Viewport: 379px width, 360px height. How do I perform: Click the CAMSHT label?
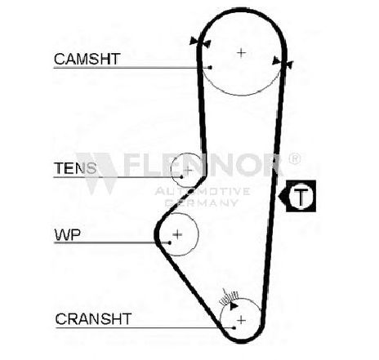click(87, 59)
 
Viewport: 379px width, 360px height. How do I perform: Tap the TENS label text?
click(75, 168)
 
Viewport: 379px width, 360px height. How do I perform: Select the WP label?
click(68, 235)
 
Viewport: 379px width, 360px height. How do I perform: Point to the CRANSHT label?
click(93, 319)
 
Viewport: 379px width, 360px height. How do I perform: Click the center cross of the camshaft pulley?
click(241, 52)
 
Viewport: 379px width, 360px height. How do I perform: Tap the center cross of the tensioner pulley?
click(188, 171)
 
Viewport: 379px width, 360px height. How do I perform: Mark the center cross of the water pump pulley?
click(177, 234)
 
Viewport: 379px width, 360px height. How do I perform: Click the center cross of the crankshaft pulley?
click(241, 320)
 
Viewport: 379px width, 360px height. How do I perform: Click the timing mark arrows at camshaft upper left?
click(200, 42)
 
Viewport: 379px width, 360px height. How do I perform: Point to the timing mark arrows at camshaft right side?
click(283, 62)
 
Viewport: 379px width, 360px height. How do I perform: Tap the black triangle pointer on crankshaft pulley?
click(234, 306)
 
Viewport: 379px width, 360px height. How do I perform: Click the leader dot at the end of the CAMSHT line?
click(210, 67)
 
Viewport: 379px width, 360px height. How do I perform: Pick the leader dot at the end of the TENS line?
click(181, 177)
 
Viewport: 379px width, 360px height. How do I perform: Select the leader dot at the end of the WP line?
click(170, 242)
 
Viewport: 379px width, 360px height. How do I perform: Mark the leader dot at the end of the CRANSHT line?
click(234, 328)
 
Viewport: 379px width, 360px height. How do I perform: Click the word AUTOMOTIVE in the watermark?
click(203, 191)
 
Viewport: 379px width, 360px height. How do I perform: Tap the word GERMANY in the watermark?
click(202, 202)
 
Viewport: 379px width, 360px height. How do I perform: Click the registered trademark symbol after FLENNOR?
click(294, 158)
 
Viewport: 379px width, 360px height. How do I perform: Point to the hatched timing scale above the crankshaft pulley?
click(230, 297)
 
